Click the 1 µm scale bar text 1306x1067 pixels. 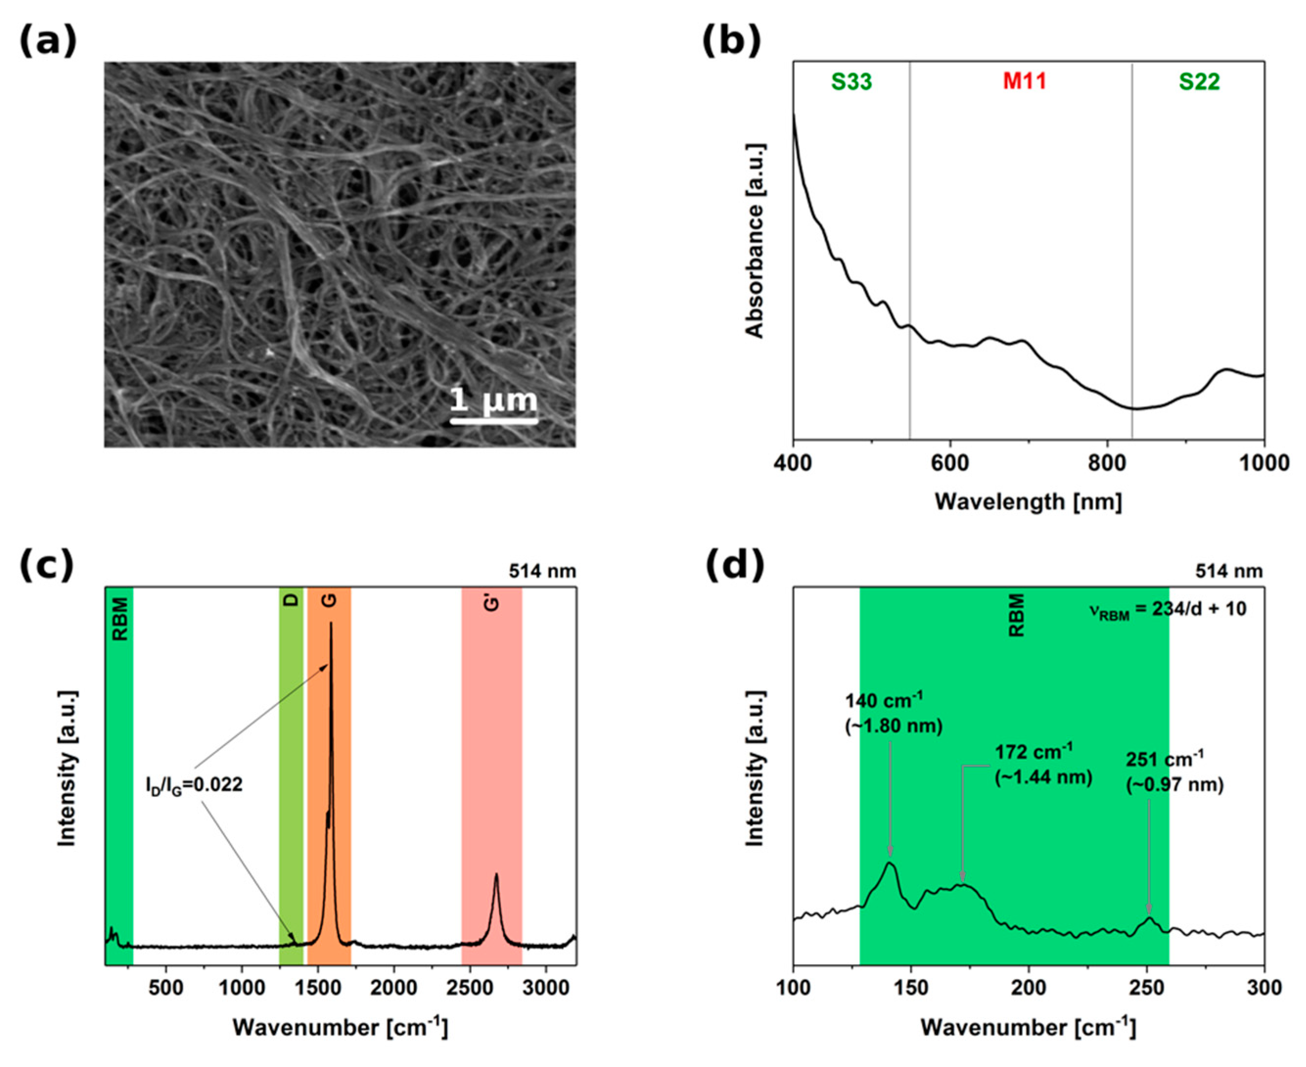coord(494,400)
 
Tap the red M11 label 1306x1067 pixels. coord(1025,82)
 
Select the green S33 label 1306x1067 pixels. coord(851,82)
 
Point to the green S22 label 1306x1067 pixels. coord(1199,82)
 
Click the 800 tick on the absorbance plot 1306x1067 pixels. coord(1107,463)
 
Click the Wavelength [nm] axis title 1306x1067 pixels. coord(1028,501)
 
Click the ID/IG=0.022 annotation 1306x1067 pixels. coord(194,785)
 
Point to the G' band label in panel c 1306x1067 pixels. coord(492,603)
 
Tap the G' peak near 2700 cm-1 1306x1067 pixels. coord(496,876)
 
